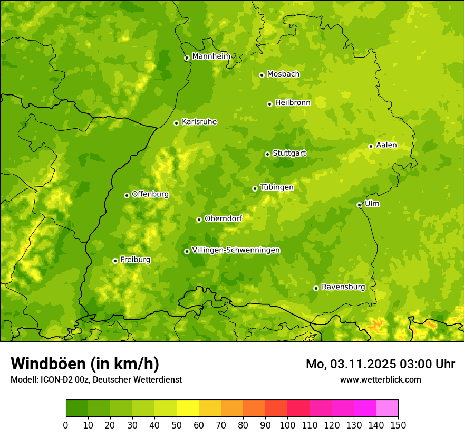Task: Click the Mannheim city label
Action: (x=211, y=56)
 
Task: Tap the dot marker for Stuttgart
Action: (x=267, y=154)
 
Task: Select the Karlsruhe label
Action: (x=199, y=122)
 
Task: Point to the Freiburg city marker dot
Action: (x=115, y=261)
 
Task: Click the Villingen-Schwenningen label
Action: (x=236, y=250)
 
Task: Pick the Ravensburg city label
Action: (x=343, y=287)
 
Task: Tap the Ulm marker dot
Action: (x=359, y=205)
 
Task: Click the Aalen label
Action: (x=386, y=145)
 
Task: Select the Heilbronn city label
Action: (x=293, y=103)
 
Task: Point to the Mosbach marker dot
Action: (x=262, y=75)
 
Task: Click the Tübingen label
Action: (x=277, y=187)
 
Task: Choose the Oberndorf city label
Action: (x=223, y=218)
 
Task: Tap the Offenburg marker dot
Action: (x=127, y=195)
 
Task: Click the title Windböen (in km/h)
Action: (x=84, y=364)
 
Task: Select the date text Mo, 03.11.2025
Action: (x=354, y=364)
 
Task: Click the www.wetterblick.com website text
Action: (x=380, y=379)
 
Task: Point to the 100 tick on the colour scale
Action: (x=287, y=424)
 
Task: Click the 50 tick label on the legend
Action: (x=177, y=424)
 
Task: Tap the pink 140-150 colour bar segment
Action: (x=387, y=408)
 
